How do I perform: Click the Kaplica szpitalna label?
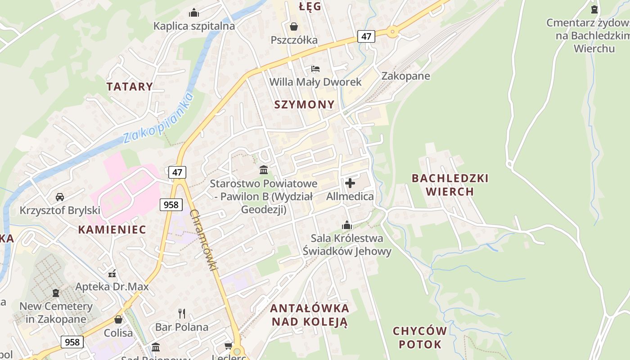point(194,26)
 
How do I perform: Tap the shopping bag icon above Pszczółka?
point(294,27)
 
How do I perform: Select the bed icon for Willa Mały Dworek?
point(315,69)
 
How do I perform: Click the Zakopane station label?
point(405,76)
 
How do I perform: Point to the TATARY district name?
point(130,86)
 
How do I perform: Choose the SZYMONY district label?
point(305,104)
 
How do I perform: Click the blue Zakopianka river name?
point(158,118)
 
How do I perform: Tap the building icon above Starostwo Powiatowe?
point(264,170)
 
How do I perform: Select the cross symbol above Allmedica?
point(350,183)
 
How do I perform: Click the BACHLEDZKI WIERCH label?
point(450,185)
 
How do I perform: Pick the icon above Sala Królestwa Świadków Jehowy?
point(347,225)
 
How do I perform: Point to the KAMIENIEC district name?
point(112,229)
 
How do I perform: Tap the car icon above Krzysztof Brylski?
point(60,197)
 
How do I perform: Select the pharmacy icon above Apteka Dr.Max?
point(112,273)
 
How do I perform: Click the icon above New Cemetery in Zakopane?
point(56,293)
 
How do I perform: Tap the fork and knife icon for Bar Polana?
point(182,313)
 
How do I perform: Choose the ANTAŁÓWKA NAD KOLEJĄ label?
point(310,315)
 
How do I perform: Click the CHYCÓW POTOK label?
point(420,338)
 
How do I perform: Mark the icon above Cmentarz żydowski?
point(594,9)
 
